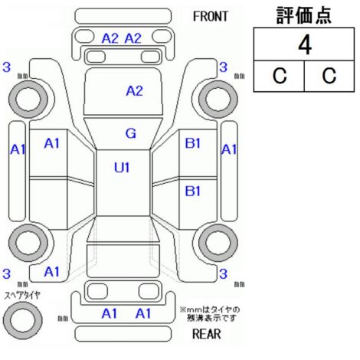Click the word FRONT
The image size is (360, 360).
point(210,17)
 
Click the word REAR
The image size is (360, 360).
point(206,334)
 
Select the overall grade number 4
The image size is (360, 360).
point(305,45)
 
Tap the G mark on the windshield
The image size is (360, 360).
point(131,133)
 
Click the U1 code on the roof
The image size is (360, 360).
point(122,168)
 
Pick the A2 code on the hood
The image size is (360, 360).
point(134,91)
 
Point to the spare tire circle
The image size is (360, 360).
point(22,320)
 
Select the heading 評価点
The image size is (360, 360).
point(304,15)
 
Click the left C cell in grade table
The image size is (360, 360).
point(280,76)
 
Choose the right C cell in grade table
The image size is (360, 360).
point(329,76)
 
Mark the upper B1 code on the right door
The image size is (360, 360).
point(193,143)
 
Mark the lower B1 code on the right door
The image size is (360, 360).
point(193,191)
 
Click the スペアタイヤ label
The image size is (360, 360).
point(22,296)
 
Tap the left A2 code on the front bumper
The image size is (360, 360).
point(110,39)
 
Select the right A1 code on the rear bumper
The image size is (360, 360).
point(143,313)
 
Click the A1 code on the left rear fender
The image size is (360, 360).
point(51,272)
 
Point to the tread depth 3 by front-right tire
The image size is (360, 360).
point(223,67)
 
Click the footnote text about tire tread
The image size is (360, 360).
point(210,314)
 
